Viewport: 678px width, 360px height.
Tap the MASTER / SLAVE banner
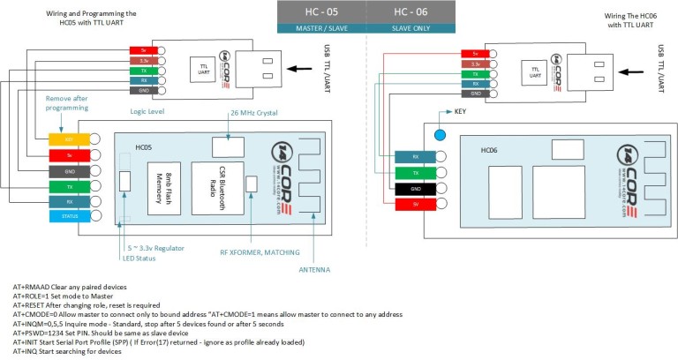pyautogui.click(x=321, y=29)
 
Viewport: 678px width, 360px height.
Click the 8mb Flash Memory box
pyautogui.click(x=163, y=188)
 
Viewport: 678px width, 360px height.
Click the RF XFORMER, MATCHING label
pyautogui.click(x=260, y=251)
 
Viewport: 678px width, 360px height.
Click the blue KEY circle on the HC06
pyautogui.click(x=439, y=135)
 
